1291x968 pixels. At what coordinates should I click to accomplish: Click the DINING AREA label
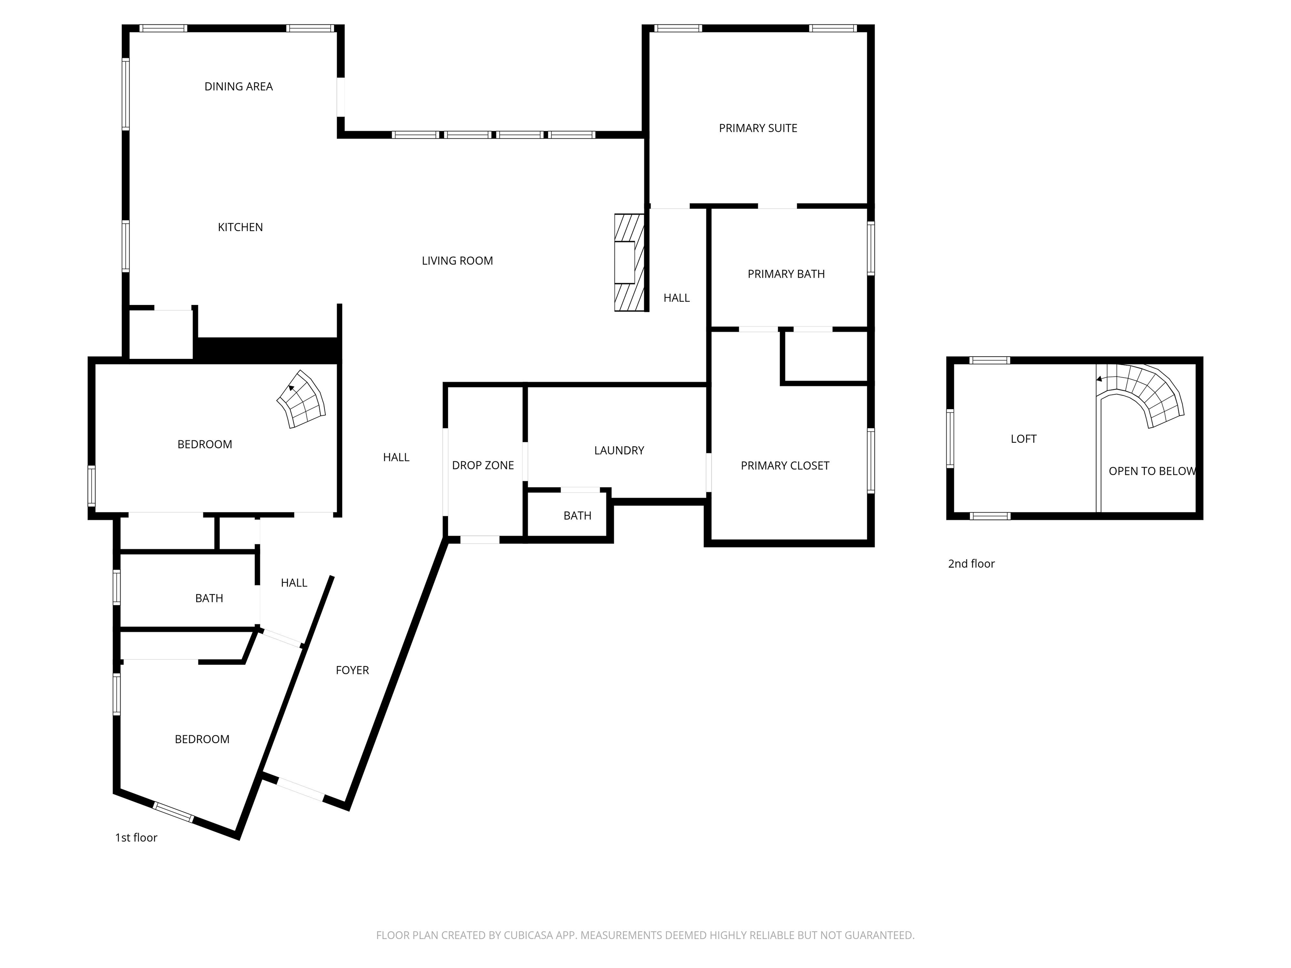tap(238, 87)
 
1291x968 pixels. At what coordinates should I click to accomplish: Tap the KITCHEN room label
tap(240, 227)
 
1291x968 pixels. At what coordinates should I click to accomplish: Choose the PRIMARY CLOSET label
tap(785, 466)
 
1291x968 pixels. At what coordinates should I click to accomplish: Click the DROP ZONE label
tap(483, 466)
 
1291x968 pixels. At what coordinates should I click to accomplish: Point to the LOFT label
tap(1023, 439)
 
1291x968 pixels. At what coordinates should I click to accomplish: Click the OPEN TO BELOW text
tap(1151, 471)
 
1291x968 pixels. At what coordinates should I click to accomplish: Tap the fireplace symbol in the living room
tap(629, 263)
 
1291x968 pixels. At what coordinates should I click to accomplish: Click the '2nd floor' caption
tap(971, 564)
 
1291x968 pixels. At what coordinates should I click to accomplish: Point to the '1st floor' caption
tap(136, 838)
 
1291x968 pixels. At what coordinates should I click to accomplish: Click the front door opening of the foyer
tap(300, 789)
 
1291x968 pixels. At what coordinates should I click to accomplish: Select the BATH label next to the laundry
tap(577, 516)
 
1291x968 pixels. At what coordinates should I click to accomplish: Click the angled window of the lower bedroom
tap(173, 812)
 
